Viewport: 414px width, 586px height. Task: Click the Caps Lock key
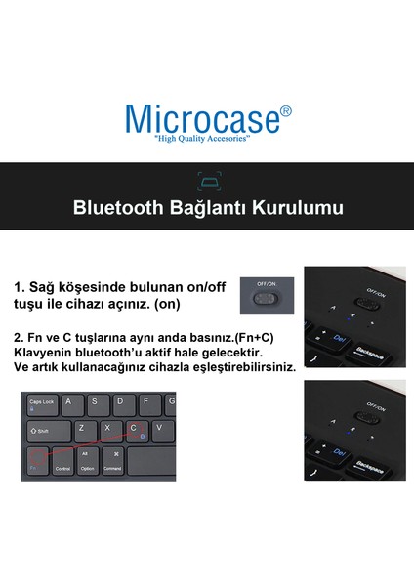click(x=43, y=402)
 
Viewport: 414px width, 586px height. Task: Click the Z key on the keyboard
click(x=82, y=428)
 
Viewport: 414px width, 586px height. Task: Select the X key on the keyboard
click(x=107, y=428)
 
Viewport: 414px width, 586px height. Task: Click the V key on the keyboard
click(x=159, y=428)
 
